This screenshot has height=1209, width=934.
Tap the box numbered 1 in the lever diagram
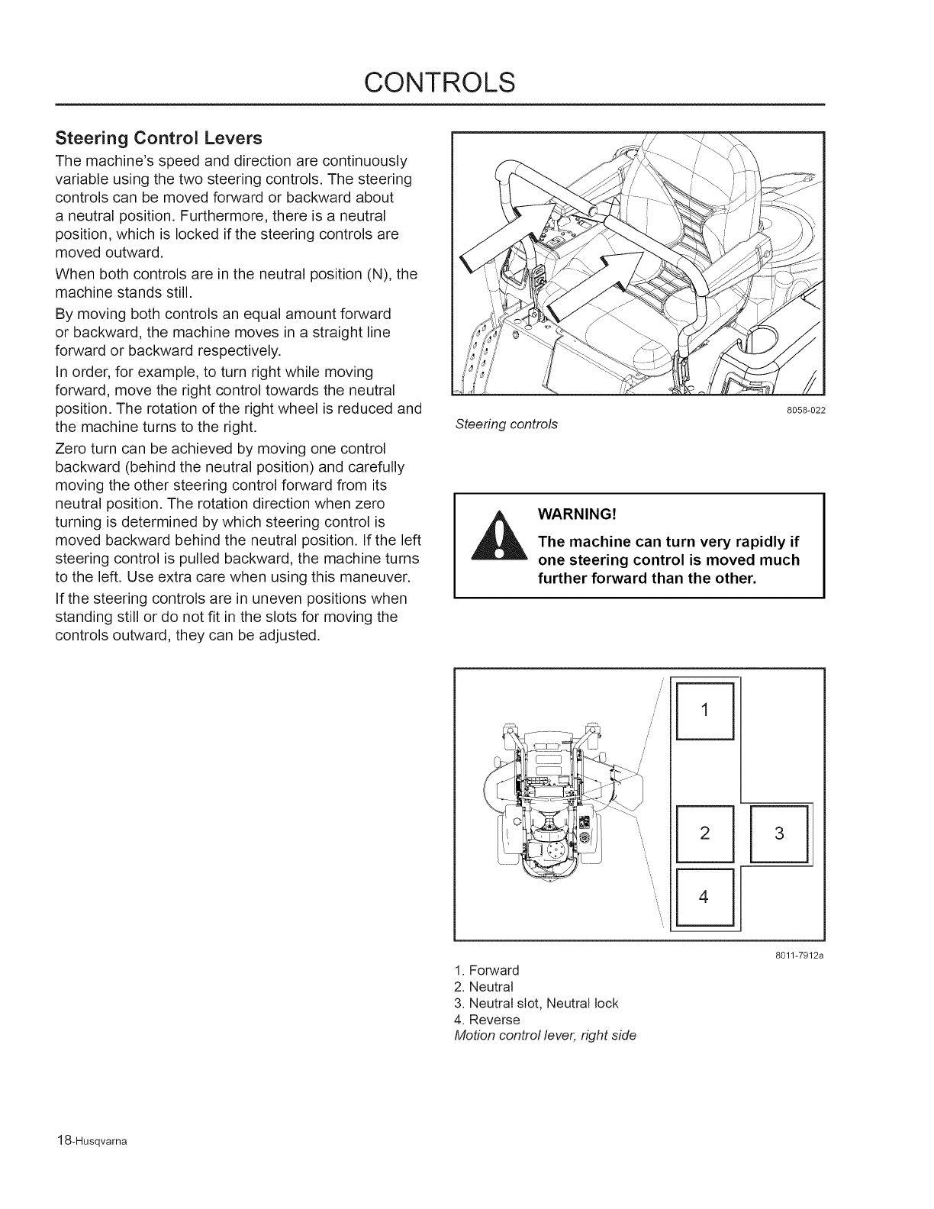pos(704,710)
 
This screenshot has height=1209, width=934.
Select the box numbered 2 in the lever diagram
pos(704,833)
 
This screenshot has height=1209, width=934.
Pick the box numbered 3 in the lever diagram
pos(779,833)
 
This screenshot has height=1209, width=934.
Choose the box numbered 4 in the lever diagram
pos(704,897)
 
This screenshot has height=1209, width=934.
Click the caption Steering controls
pos(506,424)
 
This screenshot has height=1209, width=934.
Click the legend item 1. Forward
pos(486,970)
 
